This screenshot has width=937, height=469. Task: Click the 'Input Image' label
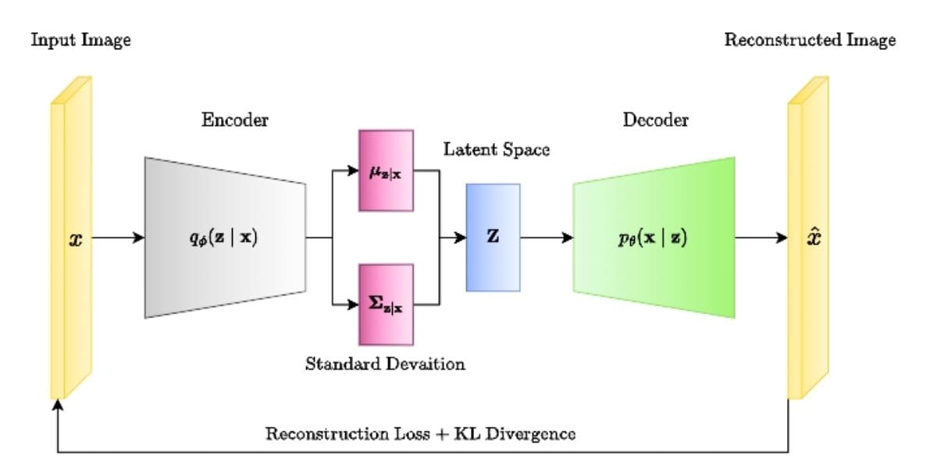pyautogui.click(x=80, y=41)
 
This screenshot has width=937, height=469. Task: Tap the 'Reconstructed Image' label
pyautogui.click(x=810, y=41)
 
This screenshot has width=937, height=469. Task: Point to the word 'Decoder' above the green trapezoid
pyautogui.click(x=656, y=120)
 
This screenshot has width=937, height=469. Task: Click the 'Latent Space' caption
pyautogui.click(x=497, y=149)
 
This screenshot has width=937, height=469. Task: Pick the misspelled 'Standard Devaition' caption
pyautogui.click(x=385, y=363)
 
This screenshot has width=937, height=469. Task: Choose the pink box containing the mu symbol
pyautogui.click(x=386, y=170)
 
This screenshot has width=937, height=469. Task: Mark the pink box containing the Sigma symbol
pyautogui.click(x=386, y=304)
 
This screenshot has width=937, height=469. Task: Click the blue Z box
pyautogui.click(x=493, y=238)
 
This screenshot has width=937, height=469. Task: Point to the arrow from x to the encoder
pyautogui.click(x=117, y=238)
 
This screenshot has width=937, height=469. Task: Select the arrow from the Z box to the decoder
pyautogui.click(x=547, y=238)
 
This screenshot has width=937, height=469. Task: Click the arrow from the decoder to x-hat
pyautogui.click(x=761, y=238)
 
